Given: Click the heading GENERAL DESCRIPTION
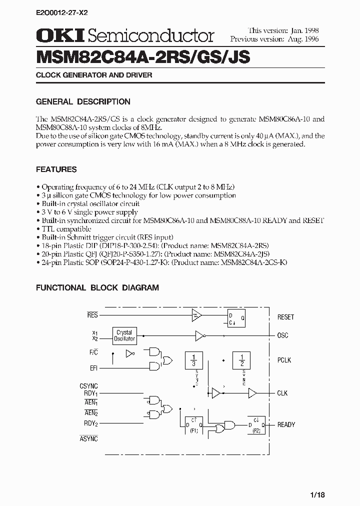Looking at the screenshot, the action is (x=83, y=101).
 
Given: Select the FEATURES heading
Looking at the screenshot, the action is (x=56, y=169).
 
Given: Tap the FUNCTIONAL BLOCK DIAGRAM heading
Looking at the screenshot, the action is (x=97, y=287).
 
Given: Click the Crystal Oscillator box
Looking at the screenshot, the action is (x=124, y=335).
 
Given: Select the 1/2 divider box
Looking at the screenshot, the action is (x=242, y=360).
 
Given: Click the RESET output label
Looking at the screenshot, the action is (x=285, y=317).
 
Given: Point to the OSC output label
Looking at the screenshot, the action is (x=282, y=335).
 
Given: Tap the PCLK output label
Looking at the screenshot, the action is (x=284, y=360).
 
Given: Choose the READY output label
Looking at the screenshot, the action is (x=286, y=424).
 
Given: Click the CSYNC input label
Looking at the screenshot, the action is (x=88, y=386).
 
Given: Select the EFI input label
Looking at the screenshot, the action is (x=93, y=368).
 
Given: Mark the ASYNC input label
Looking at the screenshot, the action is (x=88, y=438).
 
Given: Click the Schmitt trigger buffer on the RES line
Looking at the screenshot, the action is (x=196, y=314).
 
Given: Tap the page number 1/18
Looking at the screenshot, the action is (x=316, y=494).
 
